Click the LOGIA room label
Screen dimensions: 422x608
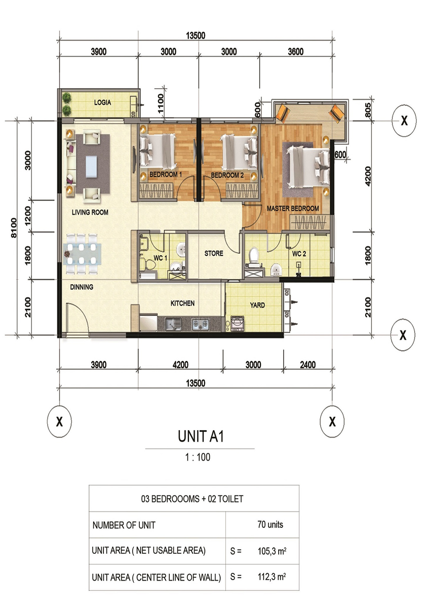tap(102, 102)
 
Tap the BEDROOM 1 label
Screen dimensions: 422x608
tap(166, 174)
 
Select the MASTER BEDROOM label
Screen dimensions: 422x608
tap(293, 208)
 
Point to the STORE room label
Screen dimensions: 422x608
tap(214, 253)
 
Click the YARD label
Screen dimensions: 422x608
tap(257, 305)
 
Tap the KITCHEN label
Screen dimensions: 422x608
tap(182, 303)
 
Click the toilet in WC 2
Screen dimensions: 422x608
tap(254, 255)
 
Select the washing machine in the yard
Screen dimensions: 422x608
tap(238, 324)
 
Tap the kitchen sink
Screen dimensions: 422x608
tap(173, 324)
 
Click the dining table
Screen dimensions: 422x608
tap(82, 253)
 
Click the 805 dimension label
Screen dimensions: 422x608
tap(368, 110)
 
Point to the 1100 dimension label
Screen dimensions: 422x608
tap(161, 103)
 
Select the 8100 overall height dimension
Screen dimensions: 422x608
tap(14, 227)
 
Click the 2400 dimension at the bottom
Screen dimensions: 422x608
tap(308, 364)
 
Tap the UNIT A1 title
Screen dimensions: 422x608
tap(201, 436)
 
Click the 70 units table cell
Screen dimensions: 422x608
tap(270, 524)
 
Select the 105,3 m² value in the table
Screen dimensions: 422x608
tap(272, 551)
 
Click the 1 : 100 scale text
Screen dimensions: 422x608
tap(198, 457)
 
